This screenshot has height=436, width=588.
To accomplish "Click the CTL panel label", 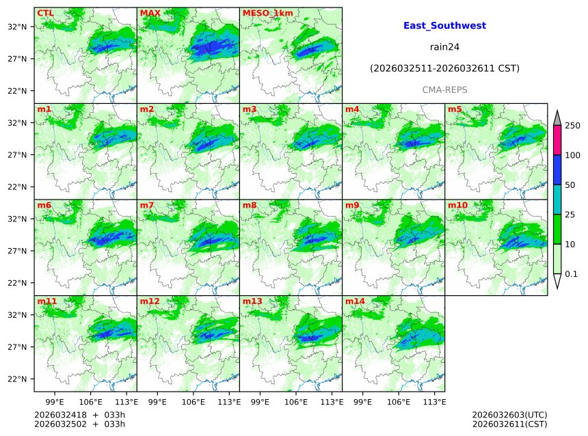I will coord(45,13).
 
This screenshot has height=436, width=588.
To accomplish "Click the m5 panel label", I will coord(455,109).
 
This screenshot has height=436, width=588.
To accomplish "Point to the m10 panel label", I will coord(457,205).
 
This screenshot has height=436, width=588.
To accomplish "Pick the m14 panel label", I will coord(355,301).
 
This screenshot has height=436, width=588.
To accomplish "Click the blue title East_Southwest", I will coord(444,25).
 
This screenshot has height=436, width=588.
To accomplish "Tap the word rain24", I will coord(444,47).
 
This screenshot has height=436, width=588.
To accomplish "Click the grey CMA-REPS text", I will coord(444,90).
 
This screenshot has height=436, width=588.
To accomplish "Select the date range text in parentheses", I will coord(444,68).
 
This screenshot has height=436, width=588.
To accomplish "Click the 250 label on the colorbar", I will coord(572,126).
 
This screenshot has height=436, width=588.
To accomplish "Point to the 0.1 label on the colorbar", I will coord(572,274).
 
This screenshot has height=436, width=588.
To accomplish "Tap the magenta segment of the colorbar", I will coord(557,141).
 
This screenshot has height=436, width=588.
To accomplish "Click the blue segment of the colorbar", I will coord(557,170).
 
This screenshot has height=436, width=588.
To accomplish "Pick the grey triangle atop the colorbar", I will coord(557,118).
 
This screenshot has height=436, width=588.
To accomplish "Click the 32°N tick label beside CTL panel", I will coord(17,27).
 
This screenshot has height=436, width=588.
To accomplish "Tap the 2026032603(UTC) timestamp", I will coord(509,415).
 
